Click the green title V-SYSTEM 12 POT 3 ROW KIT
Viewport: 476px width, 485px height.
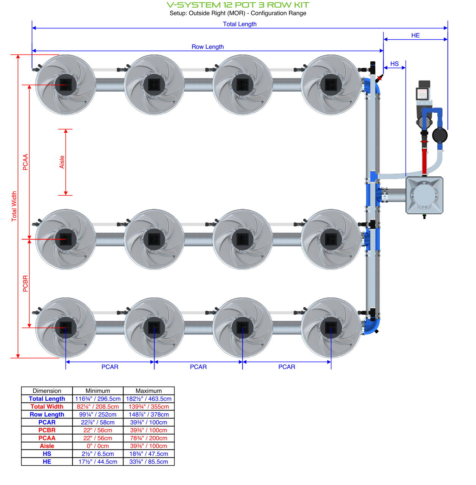(238, 5)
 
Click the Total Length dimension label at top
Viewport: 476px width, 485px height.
(240, 24)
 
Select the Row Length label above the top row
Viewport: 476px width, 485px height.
(208, 47)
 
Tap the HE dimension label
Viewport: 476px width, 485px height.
(415, 36)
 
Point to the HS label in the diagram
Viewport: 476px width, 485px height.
(395, 64)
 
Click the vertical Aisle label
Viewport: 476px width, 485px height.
(62, 162)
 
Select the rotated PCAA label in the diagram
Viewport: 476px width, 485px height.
(25, 162)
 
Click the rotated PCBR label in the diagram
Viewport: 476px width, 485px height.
(25, 283)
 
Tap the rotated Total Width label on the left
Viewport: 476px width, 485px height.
(14, 206)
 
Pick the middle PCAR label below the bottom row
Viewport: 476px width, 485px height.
(198, 367)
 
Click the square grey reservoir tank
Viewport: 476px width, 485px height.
(424, 195)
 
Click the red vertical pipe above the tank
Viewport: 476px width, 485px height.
(424, 161)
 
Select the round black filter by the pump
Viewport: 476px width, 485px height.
(440, 135)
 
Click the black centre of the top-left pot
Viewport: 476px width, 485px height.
(66, 85)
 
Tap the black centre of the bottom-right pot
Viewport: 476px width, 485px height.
(331, 328)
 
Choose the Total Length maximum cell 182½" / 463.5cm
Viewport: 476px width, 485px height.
(149, 399)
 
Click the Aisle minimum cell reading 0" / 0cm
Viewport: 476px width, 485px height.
(98, 446)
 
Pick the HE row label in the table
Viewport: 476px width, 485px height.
(47, 462)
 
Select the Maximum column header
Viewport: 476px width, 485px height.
(149, 391)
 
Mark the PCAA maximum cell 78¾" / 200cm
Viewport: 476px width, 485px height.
(149, 438)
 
